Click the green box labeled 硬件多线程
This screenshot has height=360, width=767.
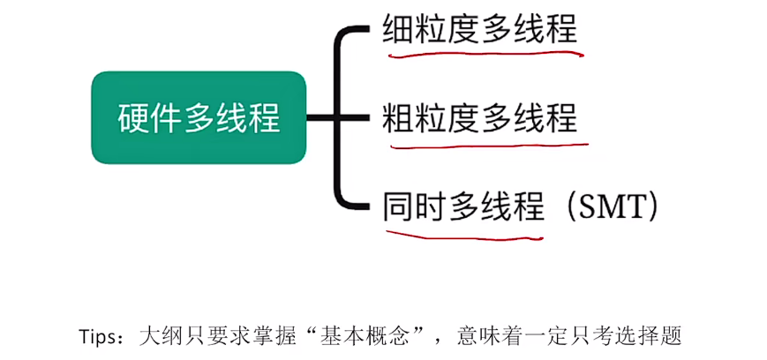click(x=199, y=116)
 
